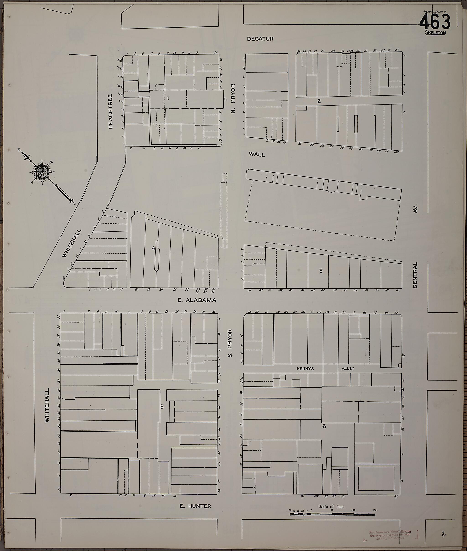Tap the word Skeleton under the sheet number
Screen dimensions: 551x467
point(435,33)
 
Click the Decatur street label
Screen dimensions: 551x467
point(260,39)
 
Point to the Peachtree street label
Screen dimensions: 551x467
point(111,111)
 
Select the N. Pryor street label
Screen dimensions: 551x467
point(233,98)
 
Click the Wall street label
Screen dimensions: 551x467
point(257,155)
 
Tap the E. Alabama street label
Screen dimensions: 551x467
point(197,300)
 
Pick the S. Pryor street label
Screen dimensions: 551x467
point(230,343)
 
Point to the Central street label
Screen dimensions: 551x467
point(415,275)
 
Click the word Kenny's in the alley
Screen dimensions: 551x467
point(305,368)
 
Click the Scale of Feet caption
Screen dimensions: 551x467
point(332,506)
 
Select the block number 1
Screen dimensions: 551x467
point(168,98)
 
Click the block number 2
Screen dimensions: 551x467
point(319,101)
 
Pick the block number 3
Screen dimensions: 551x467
point(321,271)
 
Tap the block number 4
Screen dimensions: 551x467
point(153,248)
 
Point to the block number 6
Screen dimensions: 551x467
point(324,426)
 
